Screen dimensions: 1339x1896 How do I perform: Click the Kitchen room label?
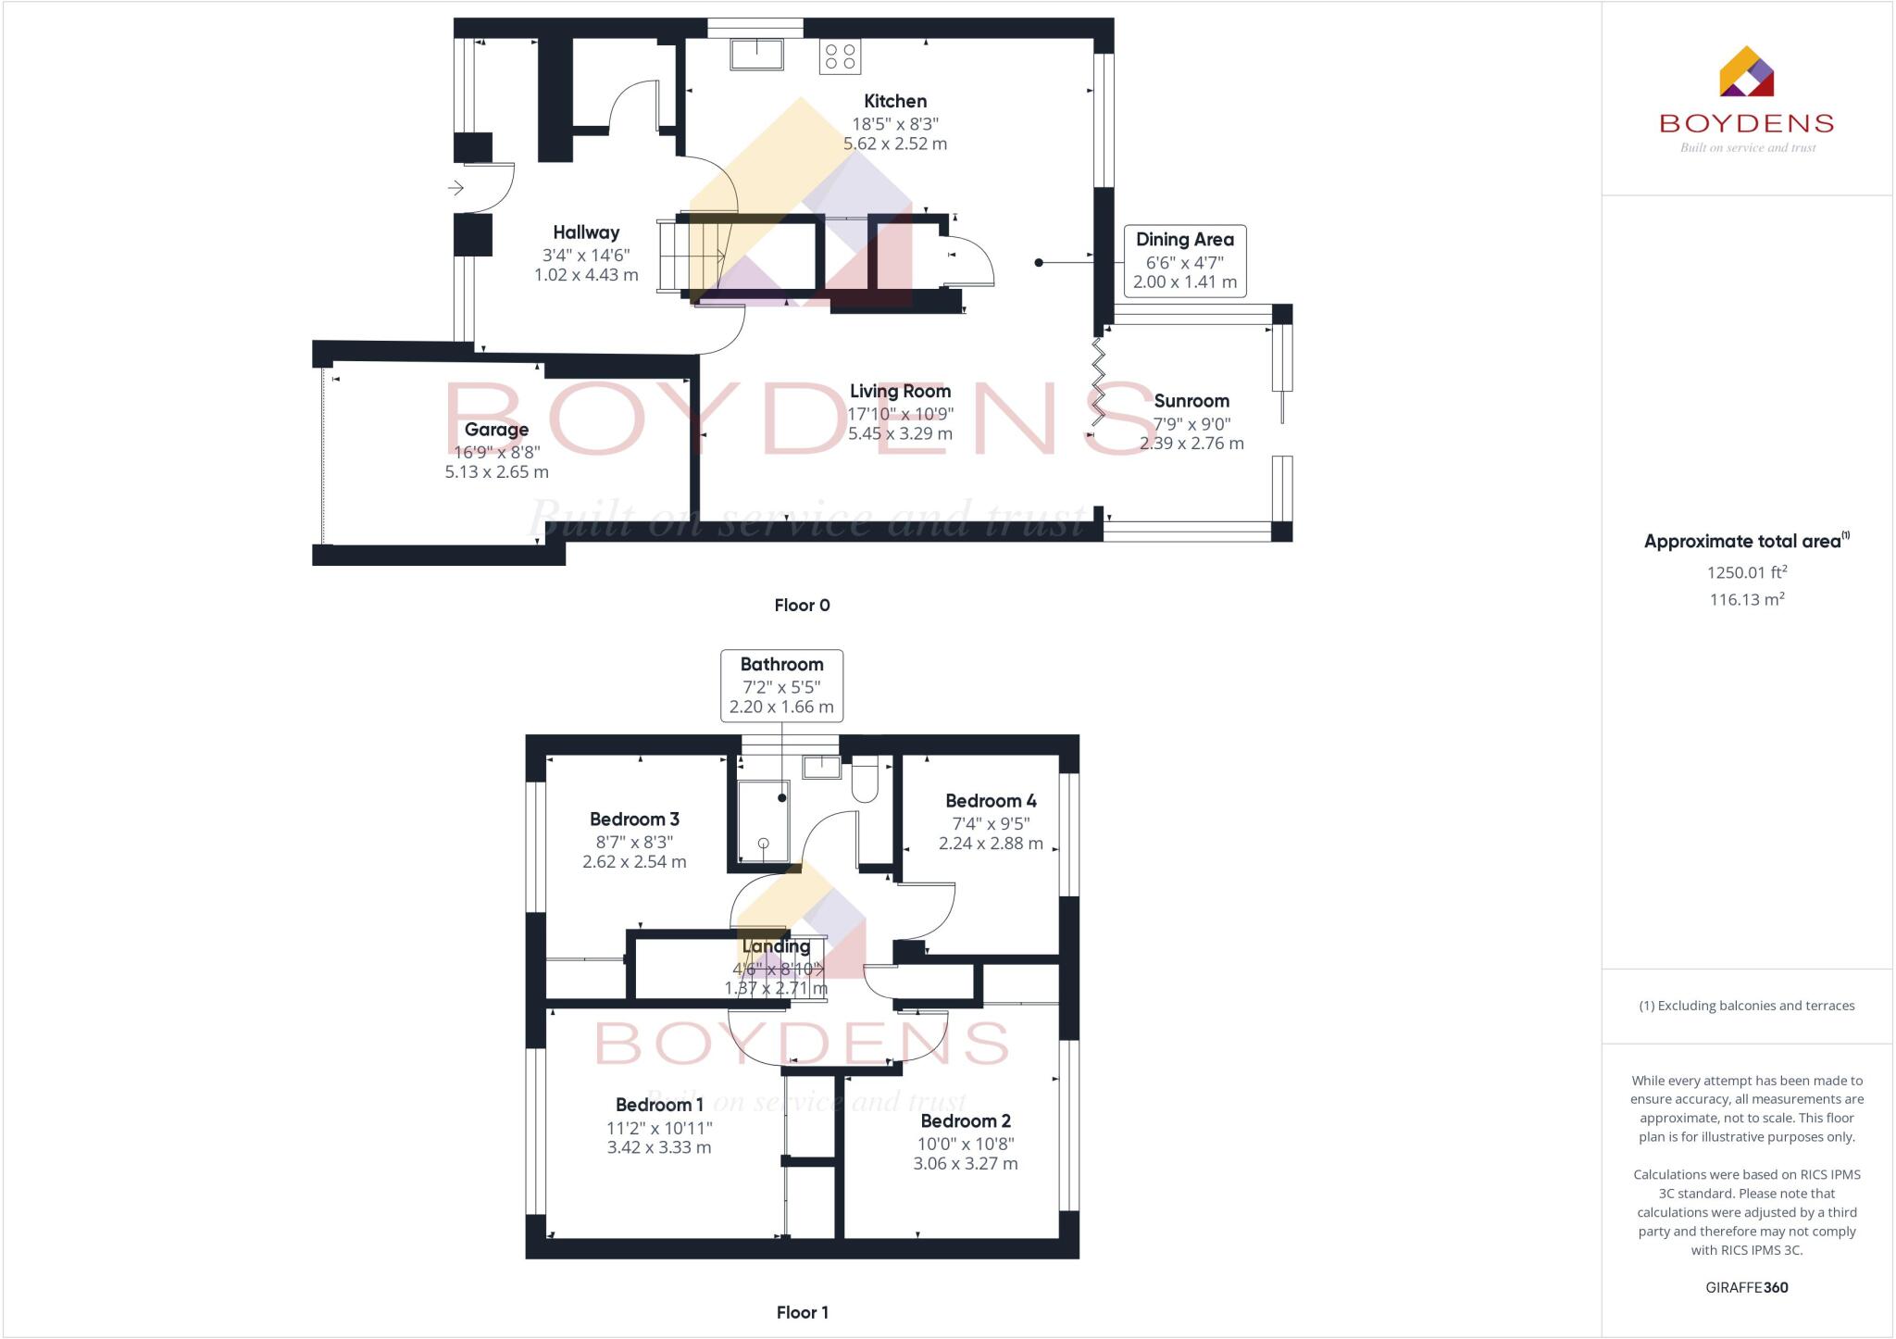click(x=894, y=101)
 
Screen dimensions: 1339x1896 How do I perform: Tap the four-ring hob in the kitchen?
click(x=840, y=56)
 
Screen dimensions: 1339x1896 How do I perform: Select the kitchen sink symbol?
click(x=756, y=54)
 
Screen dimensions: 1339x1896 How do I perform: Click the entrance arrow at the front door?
click(x=455, y=188)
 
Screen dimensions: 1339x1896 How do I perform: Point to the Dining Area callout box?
click(x=1184, y=260)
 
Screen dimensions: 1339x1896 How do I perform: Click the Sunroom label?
click(x=1191, y=401)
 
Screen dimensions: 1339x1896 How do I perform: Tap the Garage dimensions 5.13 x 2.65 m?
click(x=496, y=472)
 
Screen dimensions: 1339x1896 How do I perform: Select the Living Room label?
click(x=900, y=391)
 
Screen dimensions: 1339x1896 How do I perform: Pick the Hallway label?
click(x=586, y=232)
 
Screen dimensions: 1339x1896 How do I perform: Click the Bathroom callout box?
click(x=781, y=685)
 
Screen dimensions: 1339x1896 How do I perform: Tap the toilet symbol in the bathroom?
click(x=864, y=779)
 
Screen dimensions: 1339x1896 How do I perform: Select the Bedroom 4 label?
click(x=991, y=801)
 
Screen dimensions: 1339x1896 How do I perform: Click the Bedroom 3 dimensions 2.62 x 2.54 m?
click(x=634, y=862)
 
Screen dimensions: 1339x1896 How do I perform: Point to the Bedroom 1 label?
click(x=659, y=1105)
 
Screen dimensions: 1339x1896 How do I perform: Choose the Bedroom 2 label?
click(x=966, y=1121)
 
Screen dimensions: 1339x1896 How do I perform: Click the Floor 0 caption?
click(x=802, y=606)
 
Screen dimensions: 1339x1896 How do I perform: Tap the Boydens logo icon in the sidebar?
click(x=1746, y=72)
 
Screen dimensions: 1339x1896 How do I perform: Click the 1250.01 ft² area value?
click(x=1746, y=572)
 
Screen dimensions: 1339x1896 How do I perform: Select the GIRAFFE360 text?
click(x=1746, y=1287)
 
